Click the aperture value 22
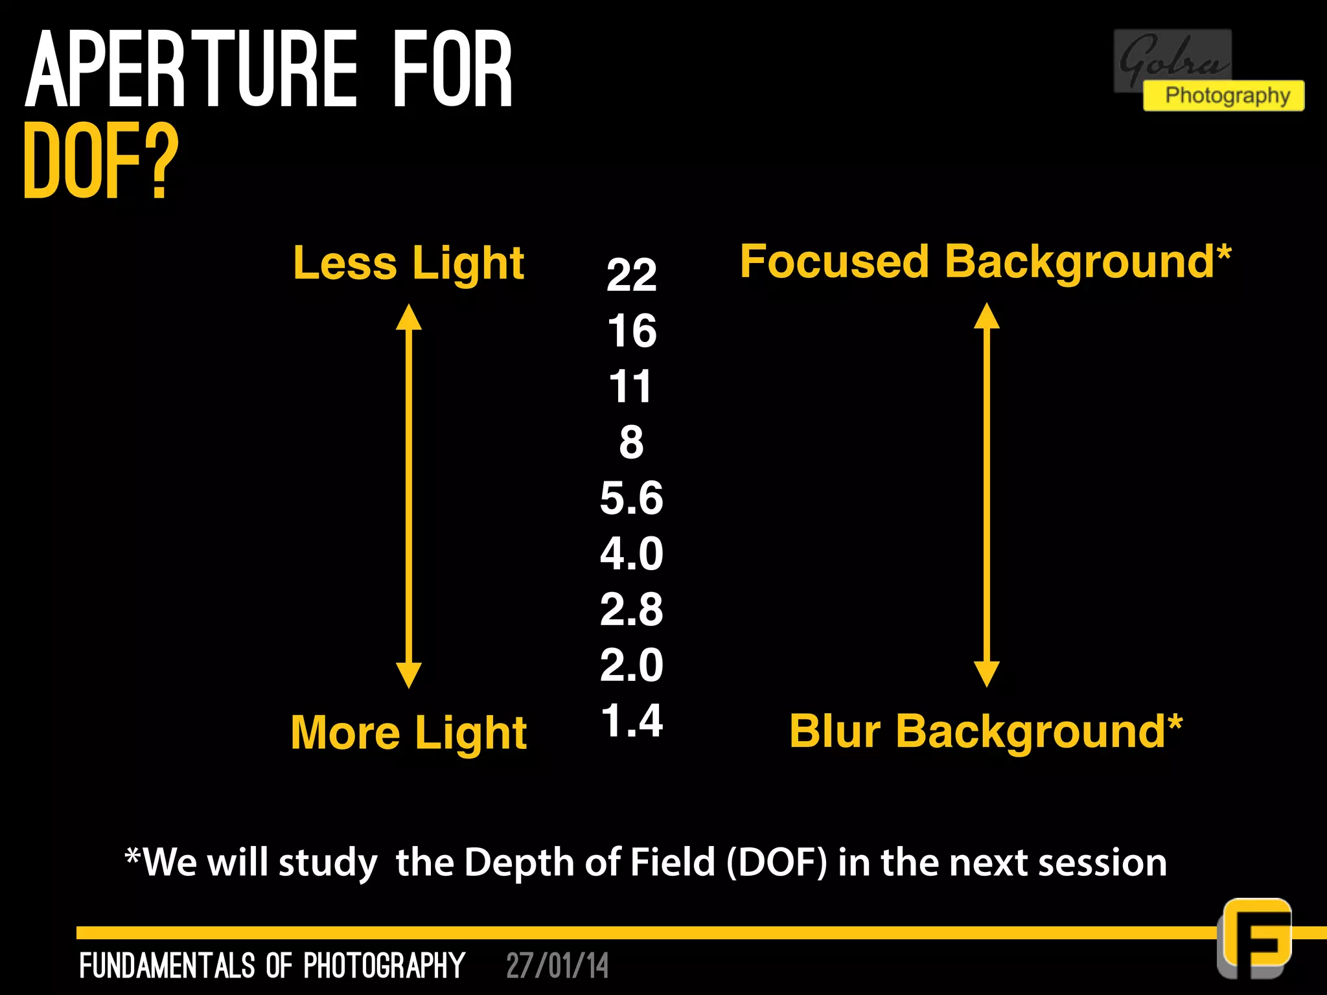pos(632,275)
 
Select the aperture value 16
pos(632,331)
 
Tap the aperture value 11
pos(630,387)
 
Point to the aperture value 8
pos(632,442)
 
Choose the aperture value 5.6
pos(632,498)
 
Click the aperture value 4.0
pos(632,554)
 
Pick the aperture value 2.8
pos(632,610)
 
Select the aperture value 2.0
pos(632,665)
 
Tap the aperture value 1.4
pos(632,720)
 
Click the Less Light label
pos(408,264)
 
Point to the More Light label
pos(408,733)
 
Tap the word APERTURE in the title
pos(191,69)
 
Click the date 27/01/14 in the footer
pos(557,966)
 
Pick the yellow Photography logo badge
pos(1223,96)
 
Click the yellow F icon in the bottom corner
pos(1255,937)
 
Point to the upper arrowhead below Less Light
pos(409,317)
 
